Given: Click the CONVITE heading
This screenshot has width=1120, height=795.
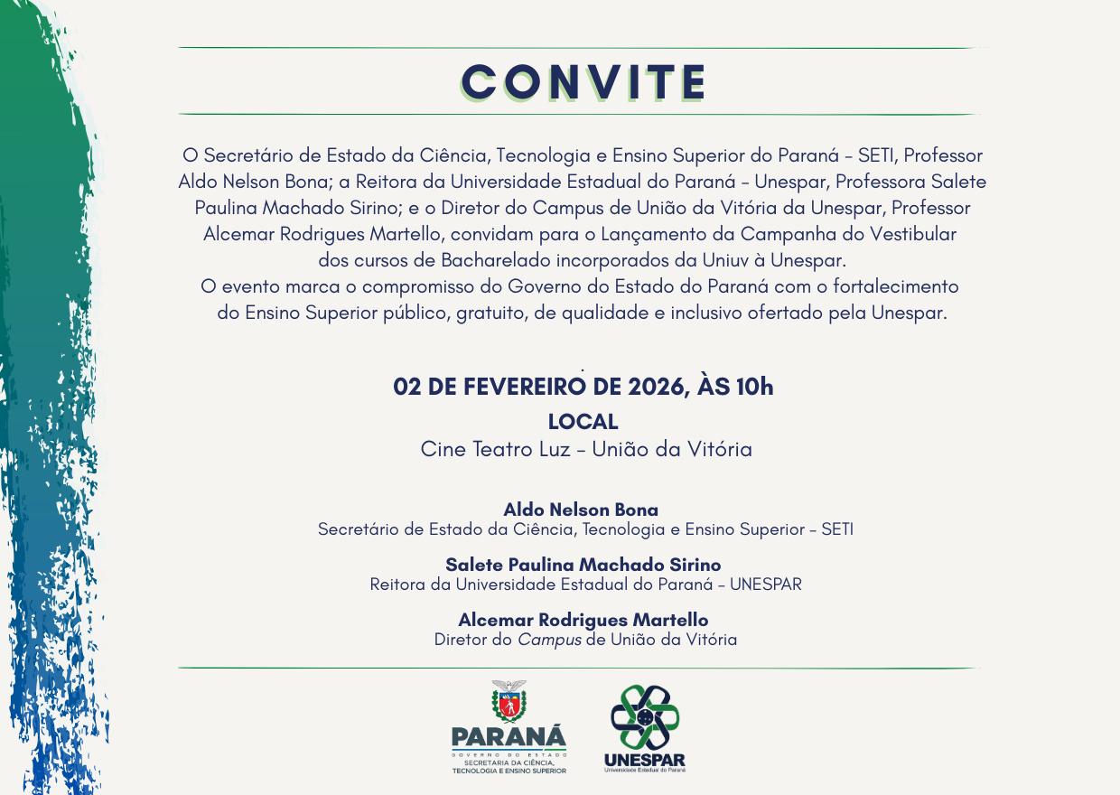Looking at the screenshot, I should (x=583, y=82).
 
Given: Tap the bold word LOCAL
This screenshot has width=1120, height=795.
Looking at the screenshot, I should (x=583, y=422).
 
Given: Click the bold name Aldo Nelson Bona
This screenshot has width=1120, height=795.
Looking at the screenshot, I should (x=581, y=510).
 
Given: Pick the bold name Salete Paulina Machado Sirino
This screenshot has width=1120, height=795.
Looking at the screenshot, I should (x=583, y=565).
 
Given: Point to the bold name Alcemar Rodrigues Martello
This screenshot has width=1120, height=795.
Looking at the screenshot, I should (x=583, y=620).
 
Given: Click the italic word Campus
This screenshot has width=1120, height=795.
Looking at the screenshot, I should (x=549, y=640).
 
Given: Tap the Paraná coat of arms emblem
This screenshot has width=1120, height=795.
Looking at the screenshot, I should (x=509, y=702).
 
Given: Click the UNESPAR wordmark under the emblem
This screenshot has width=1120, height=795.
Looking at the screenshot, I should (x=644, y=760).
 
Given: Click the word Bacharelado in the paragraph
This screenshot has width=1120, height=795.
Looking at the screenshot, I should (x=497, y=260).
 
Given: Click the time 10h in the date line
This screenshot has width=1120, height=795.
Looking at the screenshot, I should (x=754, y=387).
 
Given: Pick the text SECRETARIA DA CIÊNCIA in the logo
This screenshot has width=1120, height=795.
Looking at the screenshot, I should (x=509, y=763).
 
